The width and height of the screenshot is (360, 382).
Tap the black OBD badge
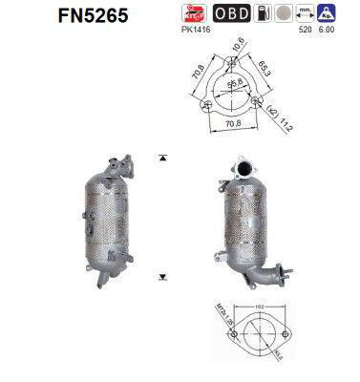pyautogui.click(x=231, y=12)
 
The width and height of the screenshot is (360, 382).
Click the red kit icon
pyautogui.click(x=201, y=12)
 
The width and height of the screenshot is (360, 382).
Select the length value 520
pyautogui.click(x=305, y=29)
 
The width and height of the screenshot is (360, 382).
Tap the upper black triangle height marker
pyautogui.click(x=164, y=156)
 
